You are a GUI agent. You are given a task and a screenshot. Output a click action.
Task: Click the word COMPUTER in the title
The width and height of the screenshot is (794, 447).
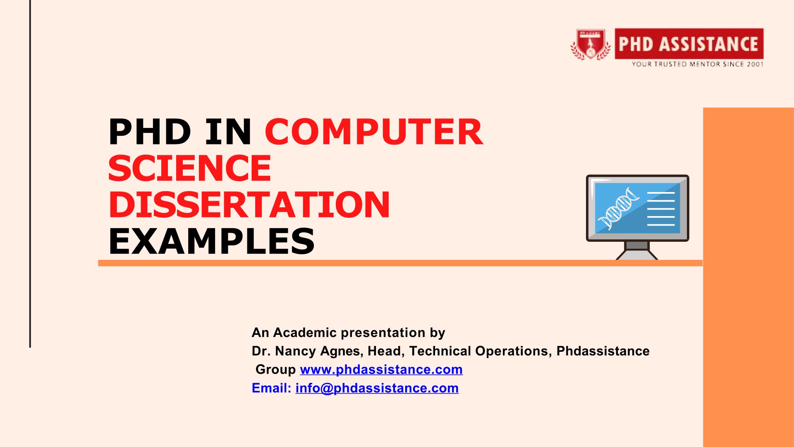pos(374,132)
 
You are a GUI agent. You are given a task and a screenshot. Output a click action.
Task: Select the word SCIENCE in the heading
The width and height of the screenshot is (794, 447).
pos(190,168)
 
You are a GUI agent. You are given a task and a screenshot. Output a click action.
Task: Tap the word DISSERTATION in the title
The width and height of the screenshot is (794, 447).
pos(249,204)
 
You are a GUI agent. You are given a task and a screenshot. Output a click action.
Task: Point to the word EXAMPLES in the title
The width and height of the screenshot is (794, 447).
pos(211,241)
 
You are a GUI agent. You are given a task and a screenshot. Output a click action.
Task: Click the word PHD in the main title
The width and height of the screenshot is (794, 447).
pos(150,132)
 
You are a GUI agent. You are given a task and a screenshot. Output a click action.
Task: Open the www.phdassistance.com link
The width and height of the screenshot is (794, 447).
pos(381,369)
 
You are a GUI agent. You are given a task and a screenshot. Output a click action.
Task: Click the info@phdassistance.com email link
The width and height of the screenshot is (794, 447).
pos(377,388)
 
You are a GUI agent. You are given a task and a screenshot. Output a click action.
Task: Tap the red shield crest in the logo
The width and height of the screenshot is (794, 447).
pos(591,44)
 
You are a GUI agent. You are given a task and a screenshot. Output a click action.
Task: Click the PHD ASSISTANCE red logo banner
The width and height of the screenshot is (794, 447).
pos(689,43)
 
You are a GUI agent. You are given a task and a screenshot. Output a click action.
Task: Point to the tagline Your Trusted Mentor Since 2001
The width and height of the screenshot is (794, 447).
pos(697,64)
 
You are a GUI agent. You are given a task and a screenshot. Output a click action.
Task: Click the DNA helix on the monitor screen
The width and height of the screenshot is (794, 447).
pos(618,208)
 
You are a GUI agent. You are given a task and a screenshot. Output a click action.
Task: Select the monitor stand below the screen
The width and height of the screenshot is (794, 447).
pos(637,251)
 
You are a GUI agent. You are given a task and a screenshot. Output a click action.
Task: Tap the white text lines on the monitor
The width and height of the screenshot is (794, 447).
pos(661,209)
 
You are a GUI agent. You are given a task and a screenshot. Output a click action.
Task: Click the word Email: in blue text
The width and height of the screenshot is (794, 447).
pos(272,388)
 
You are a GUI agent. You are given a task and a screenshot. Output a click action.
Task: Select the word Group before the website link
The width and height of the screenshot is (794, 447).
pos(275,369)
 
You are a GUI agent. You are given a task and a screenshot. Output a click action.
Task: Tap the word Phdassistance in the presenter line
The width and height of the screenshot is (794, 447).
pos(603,351)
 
